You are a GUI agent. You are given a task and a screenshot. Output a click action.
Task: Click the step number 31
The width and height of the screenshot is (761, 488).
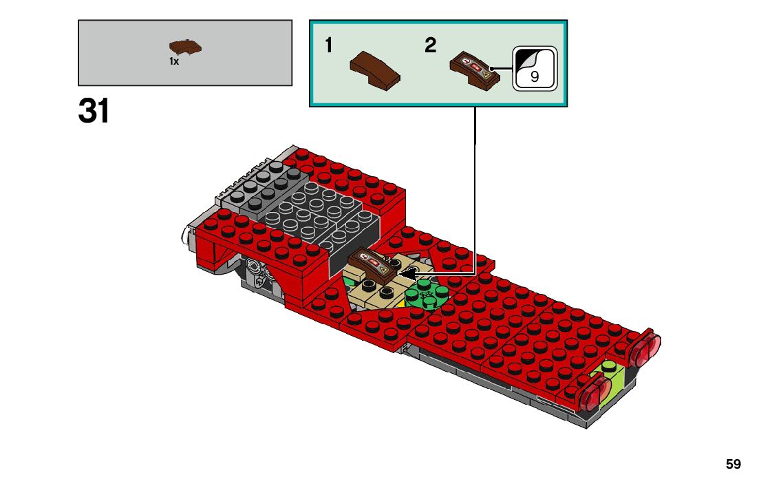pos(94,111)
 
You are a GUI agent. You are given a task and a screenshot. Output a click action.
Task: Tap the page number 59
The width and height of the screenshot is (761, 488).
pos(733,465)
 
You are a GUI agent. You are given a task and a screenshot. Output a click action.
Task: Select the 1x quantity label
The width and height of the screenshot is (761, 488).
pos(174,61)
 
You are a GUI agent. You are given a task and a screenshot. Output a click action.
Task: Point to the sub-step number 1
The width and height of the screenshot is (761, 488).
pos(329,45)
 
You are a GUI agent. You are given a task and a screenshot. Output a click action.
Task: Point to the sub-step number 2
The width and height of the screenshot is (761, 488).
pos(430,45)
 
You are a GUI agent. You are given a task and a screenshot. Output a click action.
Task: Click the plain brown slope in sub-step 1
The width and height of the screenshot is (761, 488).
pos(375,70)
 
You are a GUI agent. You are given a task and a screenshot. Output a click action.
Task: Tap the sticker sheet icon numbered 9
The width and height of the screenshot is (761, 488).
pos(534,68)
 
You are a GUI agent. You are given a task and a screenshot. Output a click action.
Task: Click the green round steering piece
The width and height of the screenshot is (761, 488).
pos(427,295)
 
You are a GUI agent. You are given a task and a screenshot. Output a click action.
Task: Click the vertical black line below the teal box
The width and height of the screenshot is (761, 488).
pos(475,124)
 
